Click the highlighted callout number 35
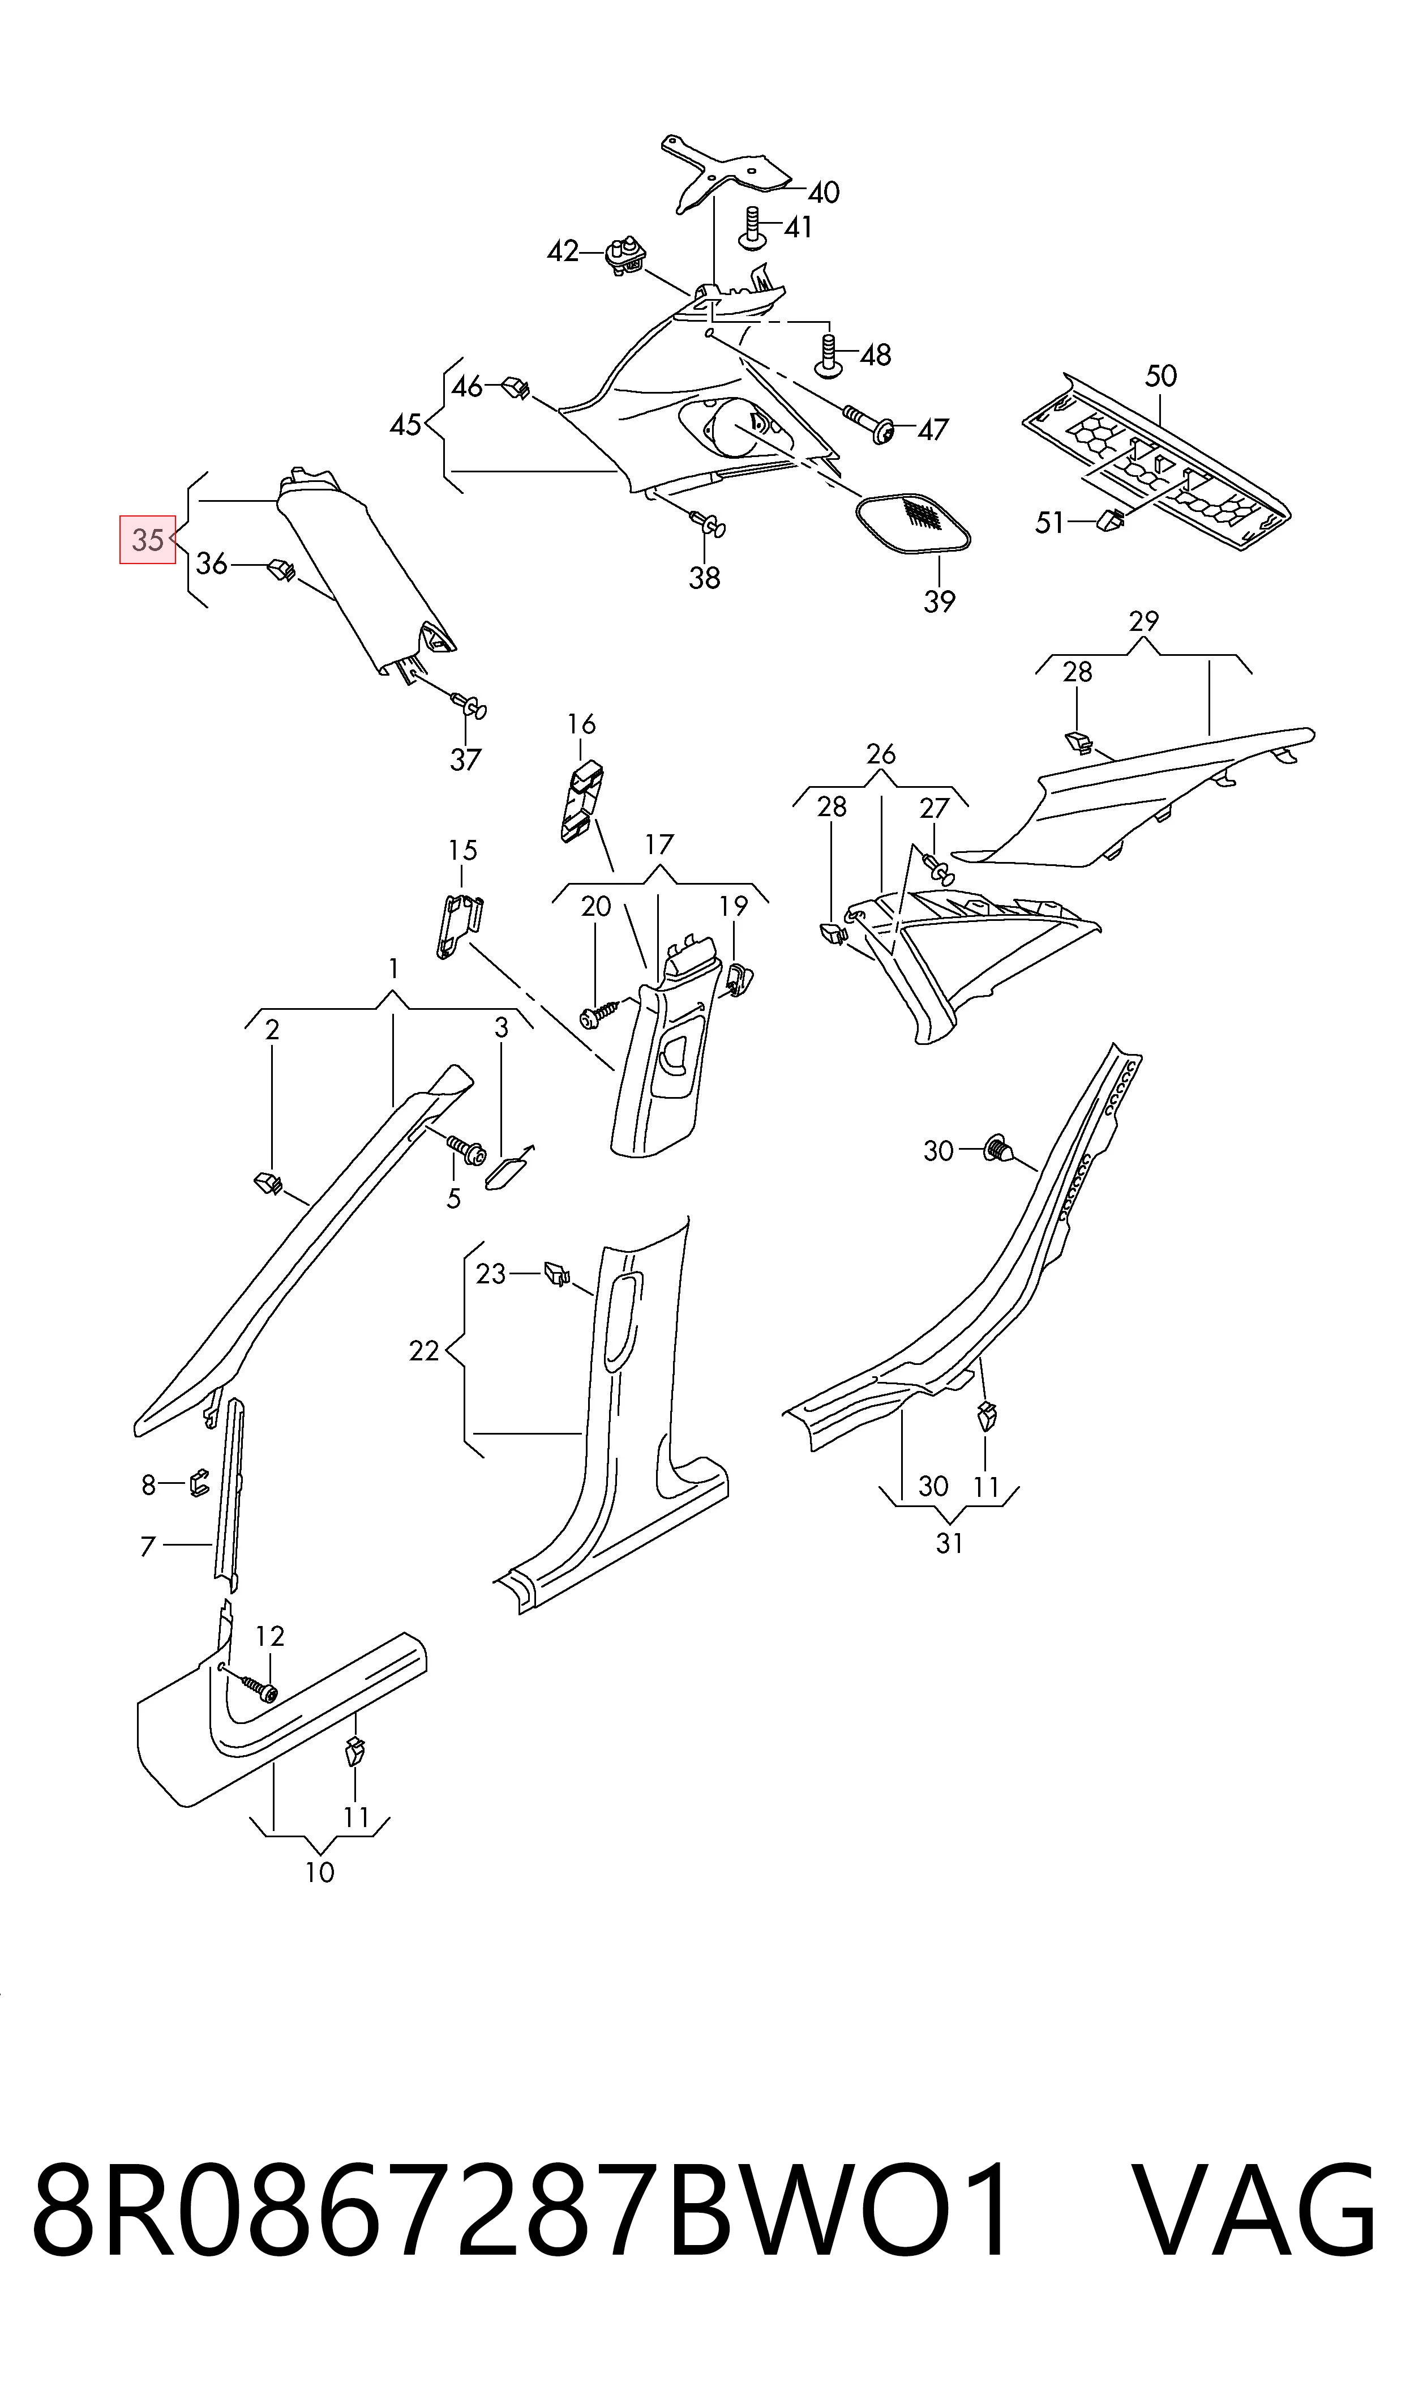point(147,540)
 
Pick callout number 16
point(581,724)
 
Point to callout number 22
point(424,1351)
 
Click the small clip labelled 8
point(199,1483)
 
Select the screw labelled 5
point(465,1150)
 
